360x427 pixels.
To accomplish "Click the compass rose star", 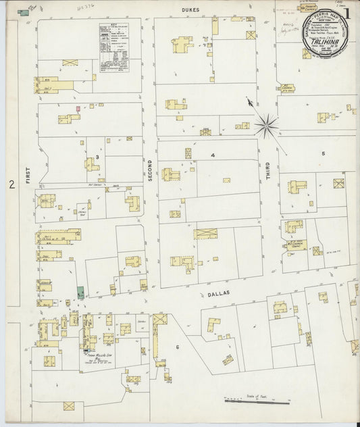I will tap(266, 124).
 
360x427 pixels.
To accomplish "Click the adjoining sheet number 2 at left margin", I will tap(11, 184).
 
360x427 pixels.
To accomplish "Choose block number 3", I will tap(97, 157).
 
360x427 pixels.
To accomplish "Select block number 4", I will tap(212, 155).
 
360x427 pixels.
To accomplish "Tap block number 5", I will tap(323, 153).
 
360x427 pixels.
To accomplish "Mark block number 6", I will tap(178, 347).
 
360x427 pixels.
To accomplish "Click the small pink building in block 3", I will tap(78, 108).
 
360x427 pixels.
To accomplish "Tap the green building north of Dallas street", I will tap(80, 292).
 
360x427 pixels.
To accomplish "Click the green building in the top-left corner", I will tap(24, 11).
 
